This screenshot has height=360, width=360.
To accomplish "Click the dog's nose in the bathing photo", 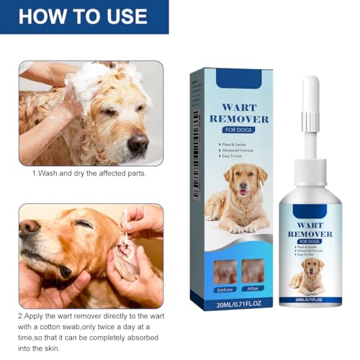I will click(138, 143).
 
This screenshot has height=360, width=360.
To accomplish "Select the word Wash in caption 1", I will click(50, 174).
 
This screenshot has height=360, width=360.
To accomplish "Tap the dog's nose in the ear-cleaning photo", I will click(29, 226).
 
